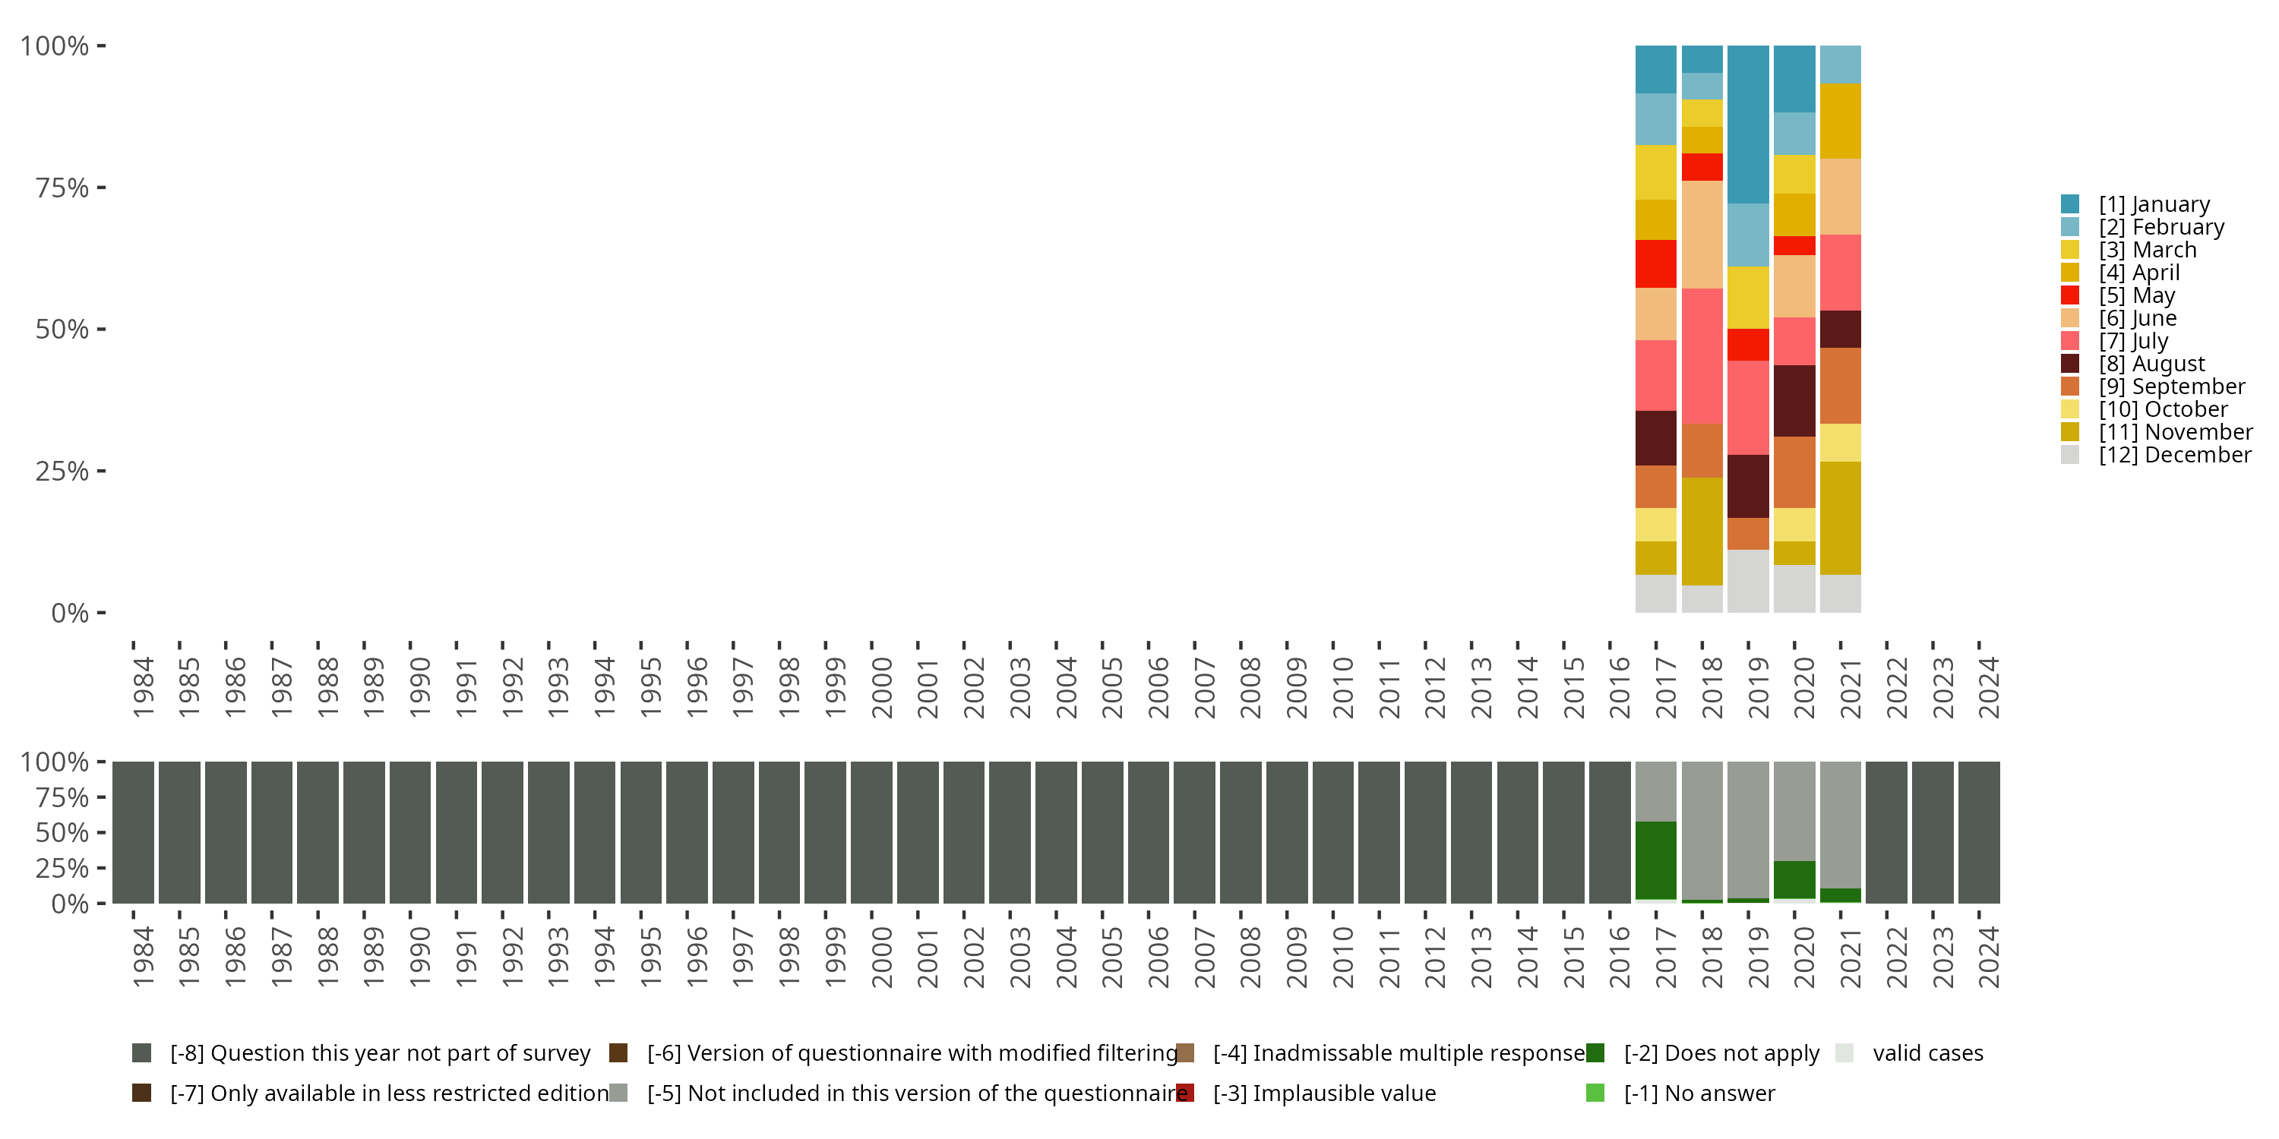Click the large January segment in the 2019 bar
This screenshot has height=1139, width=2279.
pyautogui.click(x=1748, y=124)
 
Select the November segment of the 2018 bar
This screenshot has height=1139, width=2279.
pyautogui.click(x=1702, y=531)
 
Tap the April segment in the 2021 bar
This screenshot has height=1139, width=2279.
pyautogui.click(x=1840, y=121)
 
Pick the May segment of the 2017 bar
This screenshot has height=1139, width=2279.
pyautogui.click(x=1655, y=263)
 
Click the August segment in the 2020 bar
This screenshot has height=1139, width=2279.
pyautogui.click(x=1794, y=401)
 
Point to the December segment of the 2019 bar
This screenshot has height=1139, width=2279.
pyautogui.click(x=1748, y=581)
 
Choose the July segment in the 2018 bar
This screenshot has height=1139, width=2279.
pyautogui.click(x=1702, y=355)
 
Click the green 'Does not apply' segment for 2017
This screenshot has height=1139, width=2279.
pyautogui.click(x=1655, y=860)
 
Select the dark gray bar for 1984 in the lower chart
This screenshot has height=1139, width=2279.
pyautogui.click(x=134, y=832)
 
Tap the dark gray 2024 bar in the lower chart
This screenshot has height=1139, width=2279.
pyautogui.click(x=1979, y=832)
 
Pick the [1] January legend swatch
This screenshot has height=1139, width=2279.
pyautogui.click(x=2070, y=204)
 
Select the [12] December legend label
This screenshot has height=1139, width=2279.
pyautogui.click(x=2175, y=455)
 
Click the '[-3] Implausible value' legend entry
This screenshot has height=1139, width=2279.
pyautogui.click(x=1323, y=1093)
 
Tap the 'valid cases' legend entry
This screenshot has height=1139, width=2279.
pyautogui.click(x=1927, y=1053)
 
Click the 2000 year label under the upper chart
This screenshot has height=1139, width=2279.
pyautogui.click(x=882, y=687)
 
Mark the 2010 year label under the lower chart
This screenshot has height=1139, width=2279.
pyautogui.click(x=1343, y=957)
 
